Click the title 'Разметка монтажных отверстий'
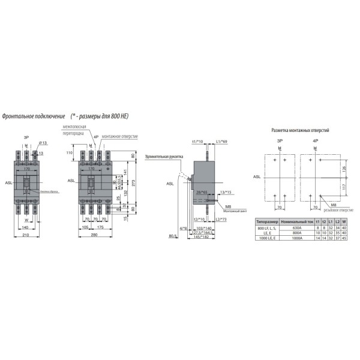pos(300,130)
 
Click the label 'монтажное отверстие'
pos(119,137)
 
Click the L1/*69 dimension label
pos(220,141)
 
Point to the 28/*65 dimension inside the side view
pos(202,191)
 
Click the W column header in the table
pos(344,221)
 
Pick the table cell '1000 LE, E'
pos(268,239)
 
